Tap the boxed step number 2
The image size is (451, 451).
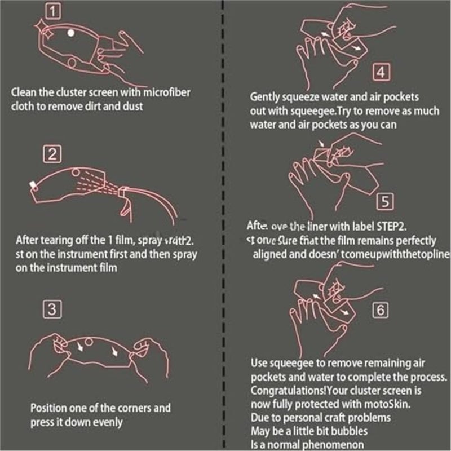tap(52, 154)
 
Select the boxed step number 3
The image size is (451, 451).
tap(52, 309)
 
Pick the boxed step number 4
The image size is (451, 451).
tap(382, 72)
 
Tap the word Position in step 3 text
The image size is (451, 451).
tap(48, 408)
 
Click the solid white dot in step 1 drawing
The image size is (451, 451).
tap(71, 33)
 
